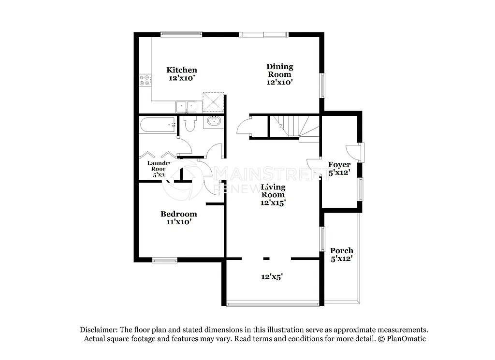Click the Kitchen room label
click(182, 73)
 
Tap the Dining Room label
click(280, 74)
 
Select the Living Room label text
click(273, 195)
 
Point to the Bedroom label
click(179, 218)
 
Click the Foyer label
click(339, 168)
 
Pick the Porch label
click(341, 254)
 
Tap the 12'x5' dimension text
click(272, 277)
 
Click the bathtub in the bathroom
click(157, 125)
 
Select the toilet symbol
click(189, 124)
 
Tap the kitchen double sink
click(186, 106)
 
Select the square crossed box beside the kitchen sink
click(213, 101)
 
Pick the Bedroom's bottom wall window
click(165, 261)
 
